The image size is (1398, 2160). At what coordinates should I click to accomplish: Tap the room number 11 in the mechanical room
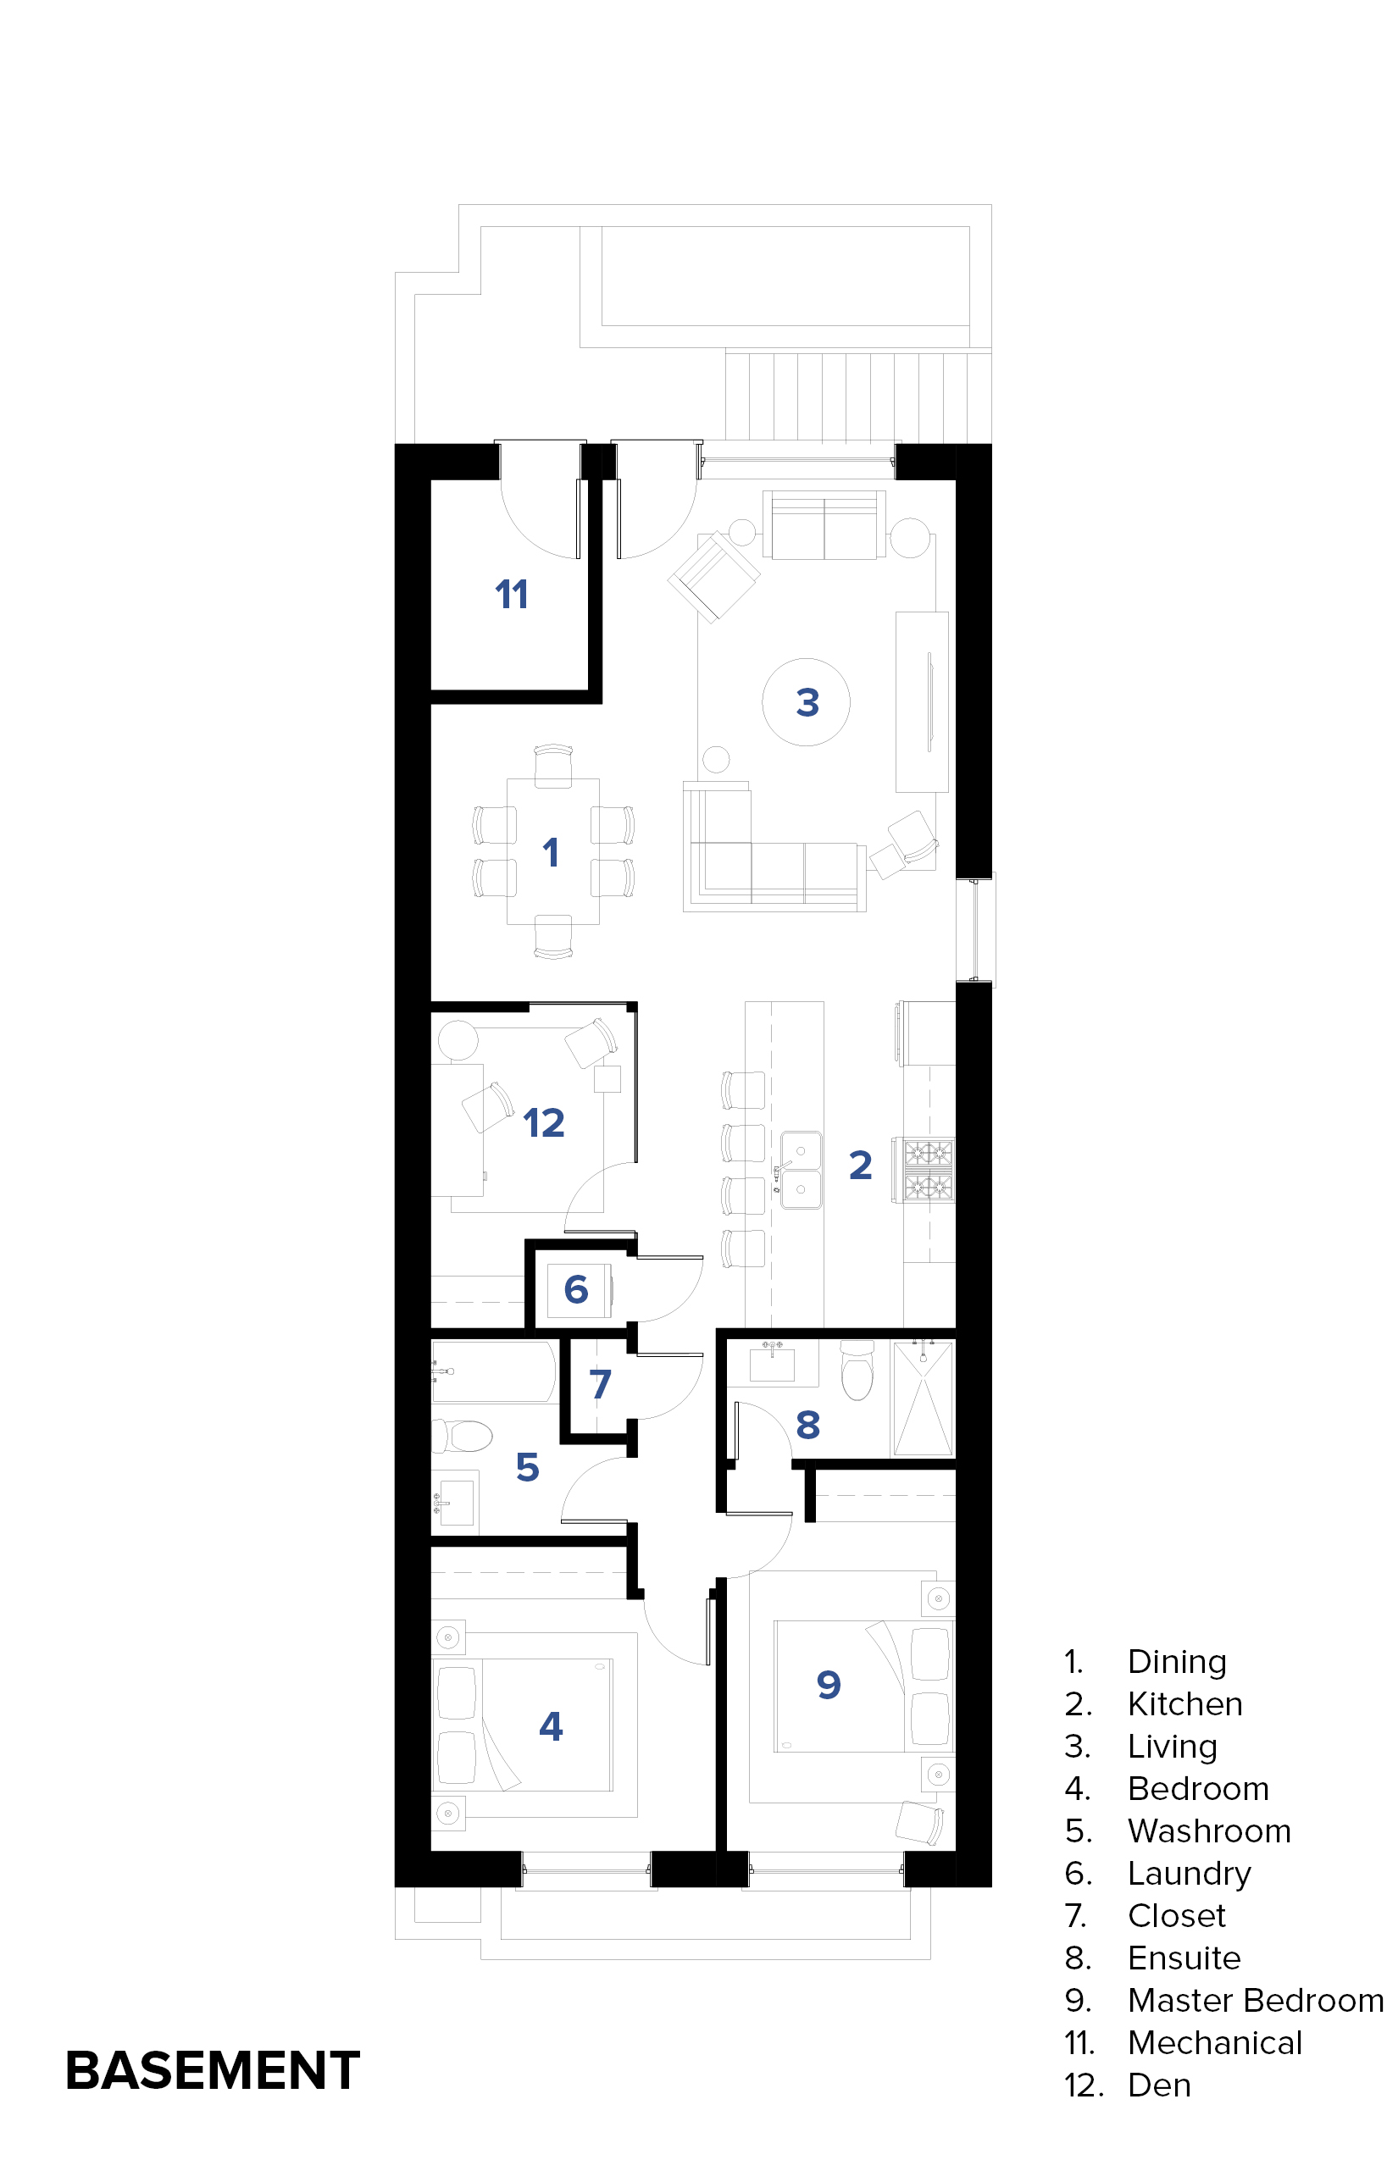tap(512, 595)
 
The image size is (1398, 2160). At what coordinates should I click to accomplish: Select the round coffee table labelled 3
tap(806, 701)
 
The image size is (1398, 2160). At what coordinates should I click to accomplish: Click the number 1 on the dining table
tap(550, 852)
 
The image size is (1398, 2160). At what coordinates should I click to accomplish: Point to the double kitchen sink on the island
tap(802, 1170)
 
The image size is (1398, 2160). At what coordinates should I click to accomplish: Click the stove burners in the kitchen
tap(926, 1170)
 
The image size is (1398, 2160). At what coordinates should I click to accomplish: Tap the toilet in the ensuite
tap(857, 1371)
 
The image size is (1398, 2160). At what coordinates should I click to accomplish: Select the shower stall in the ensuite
tap(924, 1398)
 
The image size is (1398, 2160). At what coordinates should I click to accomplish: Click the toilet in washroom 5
tap(462, 1437)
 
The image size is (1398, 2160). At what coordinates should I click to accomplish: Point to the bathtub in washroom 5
tap(493, 1372)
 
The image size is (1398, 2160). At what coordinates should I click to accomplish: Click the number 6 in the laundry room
tap(575, 1289)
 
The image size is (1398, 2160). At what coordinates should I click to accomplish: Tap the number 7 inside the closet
tap(600, 1384)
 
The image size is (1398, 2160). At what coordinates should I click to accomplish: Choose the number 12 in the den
tap(544, 1123)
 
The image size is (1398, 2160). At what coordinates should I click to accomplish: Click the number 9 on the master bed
tap(829, 1686)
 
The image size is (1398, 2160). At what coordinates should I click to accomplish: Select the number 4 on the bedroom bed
tap(551, 1726)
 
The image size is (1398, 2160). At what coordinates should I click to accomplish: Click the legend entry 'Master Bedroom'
tap(1256, 2001)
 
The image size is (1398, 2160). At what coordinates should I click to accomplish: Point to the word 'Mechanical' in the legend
tap(1215, 2043)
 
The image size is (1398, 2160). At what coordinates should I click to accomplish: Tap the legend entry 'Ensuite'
tap(1184, 1958)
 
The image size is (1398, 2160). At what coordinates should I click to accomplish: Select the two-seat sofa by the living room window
tap(824, 524)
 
